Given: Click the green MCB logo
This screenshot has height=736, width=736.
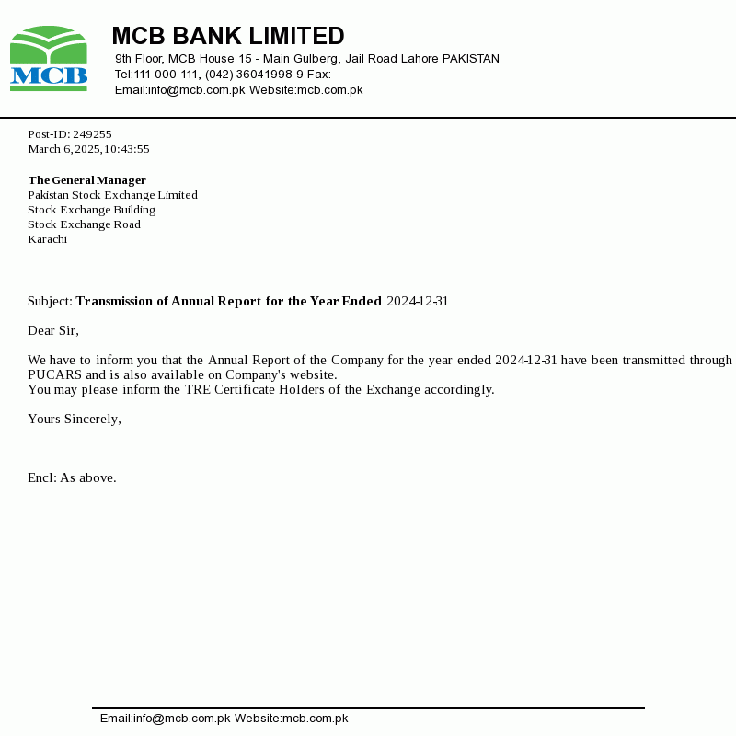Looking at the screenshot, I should (x=49, y=59).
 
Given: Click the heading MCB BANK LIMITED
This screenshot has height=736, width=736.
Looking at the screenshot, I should (x=228, y=36).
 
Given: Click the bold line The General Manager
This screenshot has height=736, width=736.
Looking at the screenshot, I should (x=86, y=180).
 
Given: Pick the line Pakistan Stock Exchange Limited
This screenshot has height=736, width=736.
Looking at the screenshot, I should (x=112, y=195).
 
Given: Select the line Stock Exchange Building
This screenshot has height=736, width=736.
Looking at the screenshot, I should (x=91, y=210).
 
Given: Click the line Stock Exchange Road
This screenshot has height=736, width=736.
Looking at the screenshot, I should (x=84, y=224).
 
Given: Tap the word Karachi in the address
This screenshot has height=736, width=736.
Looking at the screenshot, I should (x=47, y=239).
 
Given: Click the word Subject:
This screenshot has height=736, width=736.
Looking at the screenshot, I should (x=50, y=301).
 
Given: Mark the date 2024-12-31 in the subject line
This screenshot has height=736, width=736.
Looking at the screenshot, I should (x=418, y=301).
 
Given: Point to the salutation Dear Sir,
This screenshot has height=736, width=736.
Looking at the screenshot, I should (x=53, y=330).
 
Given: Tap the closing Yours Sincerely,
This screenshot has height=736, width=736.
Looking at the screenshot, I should (x=75, y=419).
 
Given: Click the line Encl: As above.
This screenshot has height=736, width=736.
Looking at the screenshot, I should (x=72, y=477).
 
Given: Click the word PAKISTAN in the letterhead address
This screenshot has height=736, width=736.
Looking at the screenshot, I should (x=471, y=59).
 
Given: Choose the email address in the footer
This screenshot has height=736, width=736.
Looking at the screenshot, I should (x=165, y=719).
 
